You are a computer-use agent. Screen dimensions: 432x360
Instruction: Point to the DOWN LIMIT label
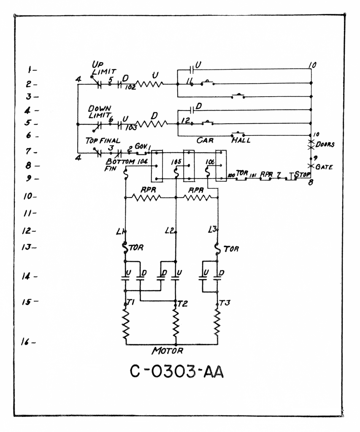(99, 111)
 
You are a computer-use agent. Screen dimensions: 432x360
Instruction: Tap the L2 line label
(170, 230)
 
